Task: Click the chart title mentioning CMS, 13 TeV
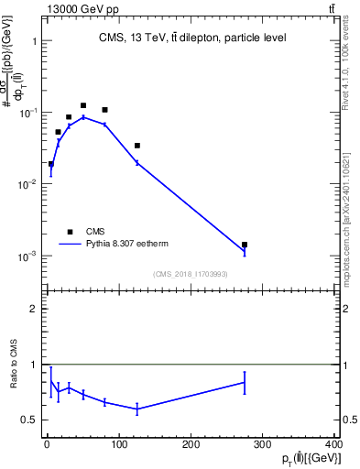pos(191,38)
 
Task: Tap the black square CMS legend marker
pos(70,232)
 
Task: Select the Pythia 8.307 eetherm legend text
pos(132,245)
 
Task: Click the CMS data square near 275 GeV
pos(245,245)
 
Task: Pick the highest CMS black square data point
pos(83,106)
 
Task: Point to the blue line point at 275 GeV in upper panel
pos(245,251)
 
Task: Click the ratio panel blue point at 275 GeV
pos(245,383)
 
